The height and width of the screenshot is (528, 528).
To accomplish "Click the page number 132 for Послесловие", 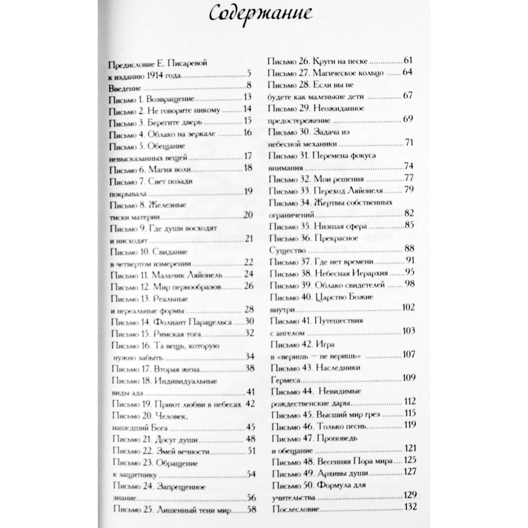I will click(x=410, y=507).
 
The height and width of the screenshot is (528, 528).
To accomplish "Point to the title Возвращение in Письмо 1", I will click(x=170, y=99).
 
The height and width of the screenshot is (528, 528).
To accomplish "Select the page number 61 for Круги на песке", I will click(x=408, y=61).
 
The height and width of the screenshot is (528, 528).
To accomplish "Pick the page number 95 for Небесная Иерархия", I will click(x=410, y=273).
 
